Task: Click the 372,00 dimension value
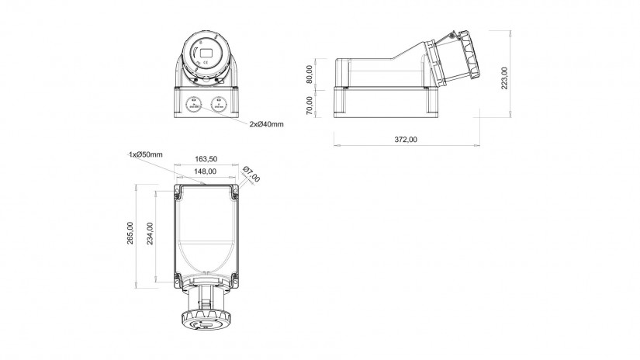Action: click(x=405, y=140)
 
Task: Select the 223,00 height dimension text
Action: click(x=505, y=78)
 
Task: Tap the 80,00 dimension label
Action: click(x=310, y=74)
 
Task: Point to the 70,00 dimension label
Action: click(x=310, y=106)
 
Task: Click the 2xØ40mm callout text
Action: click(x=267, y=124)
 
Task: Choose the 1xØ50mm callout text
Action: click(x=146, y=154)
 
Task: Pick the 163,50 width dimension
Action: click(x=206, y=159)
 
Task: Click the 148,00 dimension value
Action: click(x=206, y=171)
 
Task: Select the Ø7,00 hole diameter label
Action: click(x=251, y=175)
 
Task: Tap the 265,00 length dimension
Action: click(x=130, y=233)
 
